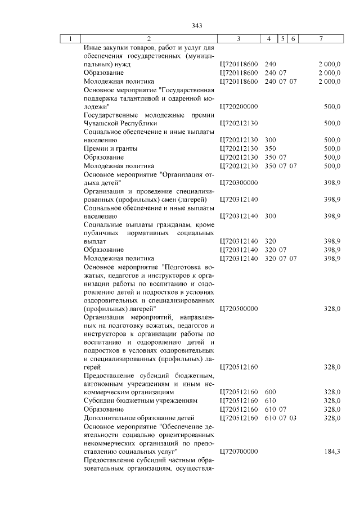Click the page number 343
196,26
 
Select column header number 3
239,39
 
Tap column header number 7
321,39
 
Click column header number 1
70,39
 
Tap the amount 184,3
332,452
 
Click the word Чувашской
104,123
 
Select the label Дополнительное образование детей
138,418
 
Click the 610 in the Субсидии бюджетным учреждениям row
270,402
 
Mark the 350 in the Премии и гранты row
270,148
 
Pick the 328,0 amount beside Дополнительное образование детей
332,418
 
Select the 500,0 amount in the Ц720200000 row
332,106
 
